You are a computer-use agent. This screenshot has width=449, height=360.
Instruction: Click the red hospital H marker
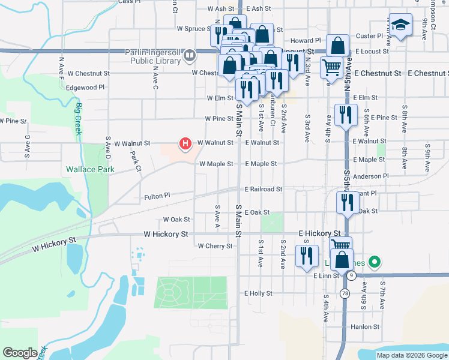click(x=185, y=143)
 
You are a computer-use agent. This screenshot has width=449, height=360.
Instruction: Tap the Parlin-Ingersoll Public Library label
click(x=153, y=56)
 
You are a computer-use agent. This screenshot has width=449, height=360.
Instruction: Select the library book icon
click(x=190, y=56)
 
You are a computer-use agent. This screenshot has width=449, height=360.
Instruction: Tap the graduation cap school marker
click(x=400, y=26)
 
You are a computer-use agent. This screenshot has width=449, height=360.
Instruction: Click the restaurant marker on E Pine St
click(x=345, y=115)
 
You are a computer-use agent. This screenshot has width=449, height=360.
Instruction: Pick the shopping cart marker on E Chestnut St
click(x=331, y=67)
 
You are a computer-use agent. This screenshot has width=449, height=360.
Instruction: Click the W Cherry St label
click(x=214, y=246)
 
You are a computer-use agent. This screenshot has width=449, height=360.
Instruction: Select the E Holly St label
click(x=258, y=293)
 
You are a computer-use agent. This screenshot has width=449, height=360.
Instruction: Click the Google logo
click(x=20, y=353)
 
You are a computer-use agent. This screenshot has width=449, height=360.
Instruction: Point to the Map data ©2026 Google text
click(x=411, y=355)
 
